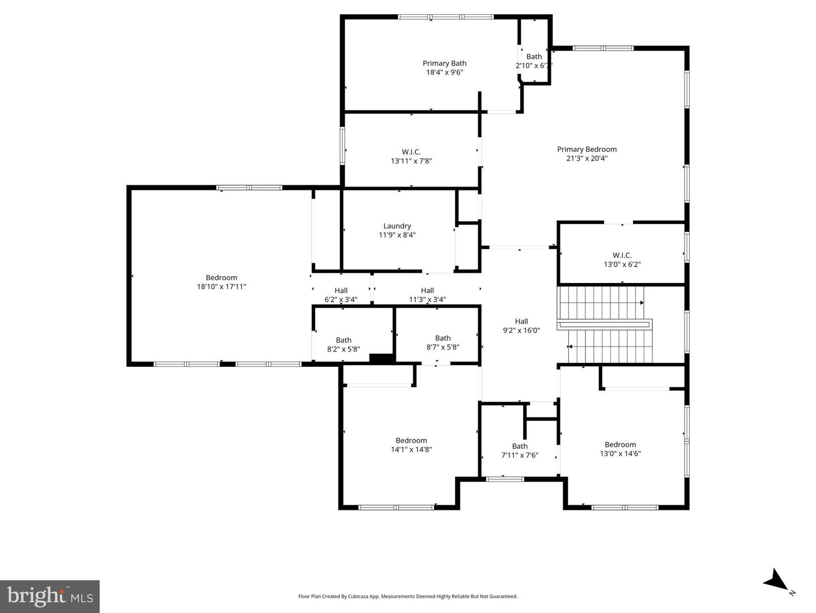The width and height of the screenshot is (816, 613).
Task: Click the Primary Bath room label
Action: point(444,64)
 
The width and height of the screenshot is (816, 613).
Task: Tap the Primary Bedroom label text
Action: point(586,150)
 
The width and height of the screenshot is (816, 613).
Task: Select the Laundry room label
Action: point(397,226)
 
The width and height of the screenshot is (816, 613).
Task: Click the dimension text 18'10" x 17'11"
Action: point(222,287)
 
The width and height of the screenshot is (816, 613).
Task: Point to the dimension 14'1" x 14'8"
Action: point(411,450)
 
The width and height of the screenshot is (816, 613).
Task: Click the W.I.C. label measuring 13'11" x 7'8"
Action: point(411,152)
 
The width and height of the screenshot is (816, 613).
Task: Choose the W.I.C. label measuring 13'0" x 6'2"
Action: point(622,255)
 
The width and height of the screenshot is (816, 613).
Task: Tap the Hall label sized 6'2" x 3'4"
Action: point(341,291)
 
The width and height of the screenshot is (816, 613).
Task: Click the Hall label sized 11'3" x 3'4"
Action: point(427,291)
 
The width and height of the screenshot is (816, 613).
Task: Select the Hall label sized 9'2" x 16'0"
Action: point(521,322)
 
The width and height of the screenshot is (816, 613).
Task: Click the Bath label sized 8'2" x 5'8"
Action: point(343,340)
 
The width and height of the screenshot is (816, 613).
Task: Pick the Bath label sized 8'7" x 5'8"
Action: point(443,338)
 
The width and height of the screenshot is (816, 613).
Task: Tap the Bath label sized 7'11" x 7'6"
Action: point(520,446)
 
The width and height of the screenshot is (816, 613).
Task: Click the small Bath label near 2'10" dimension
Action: point(534,57)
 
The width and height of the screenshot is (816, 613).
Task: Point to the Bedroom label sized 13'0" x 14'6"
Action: point(620,445)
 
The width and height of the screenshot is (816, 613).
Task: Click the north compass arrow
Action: point(775,581)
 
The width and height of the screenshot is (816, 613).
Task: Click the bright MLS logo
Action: point(50,596)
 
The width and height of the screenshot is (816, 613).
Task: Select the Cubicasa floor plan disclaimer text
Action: point(407,596)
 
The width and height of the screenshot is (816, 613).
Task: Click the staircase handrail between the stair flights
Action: point(604,325)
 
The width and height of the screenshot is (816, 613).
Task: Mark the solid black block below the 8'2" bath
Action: point(382,358)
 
